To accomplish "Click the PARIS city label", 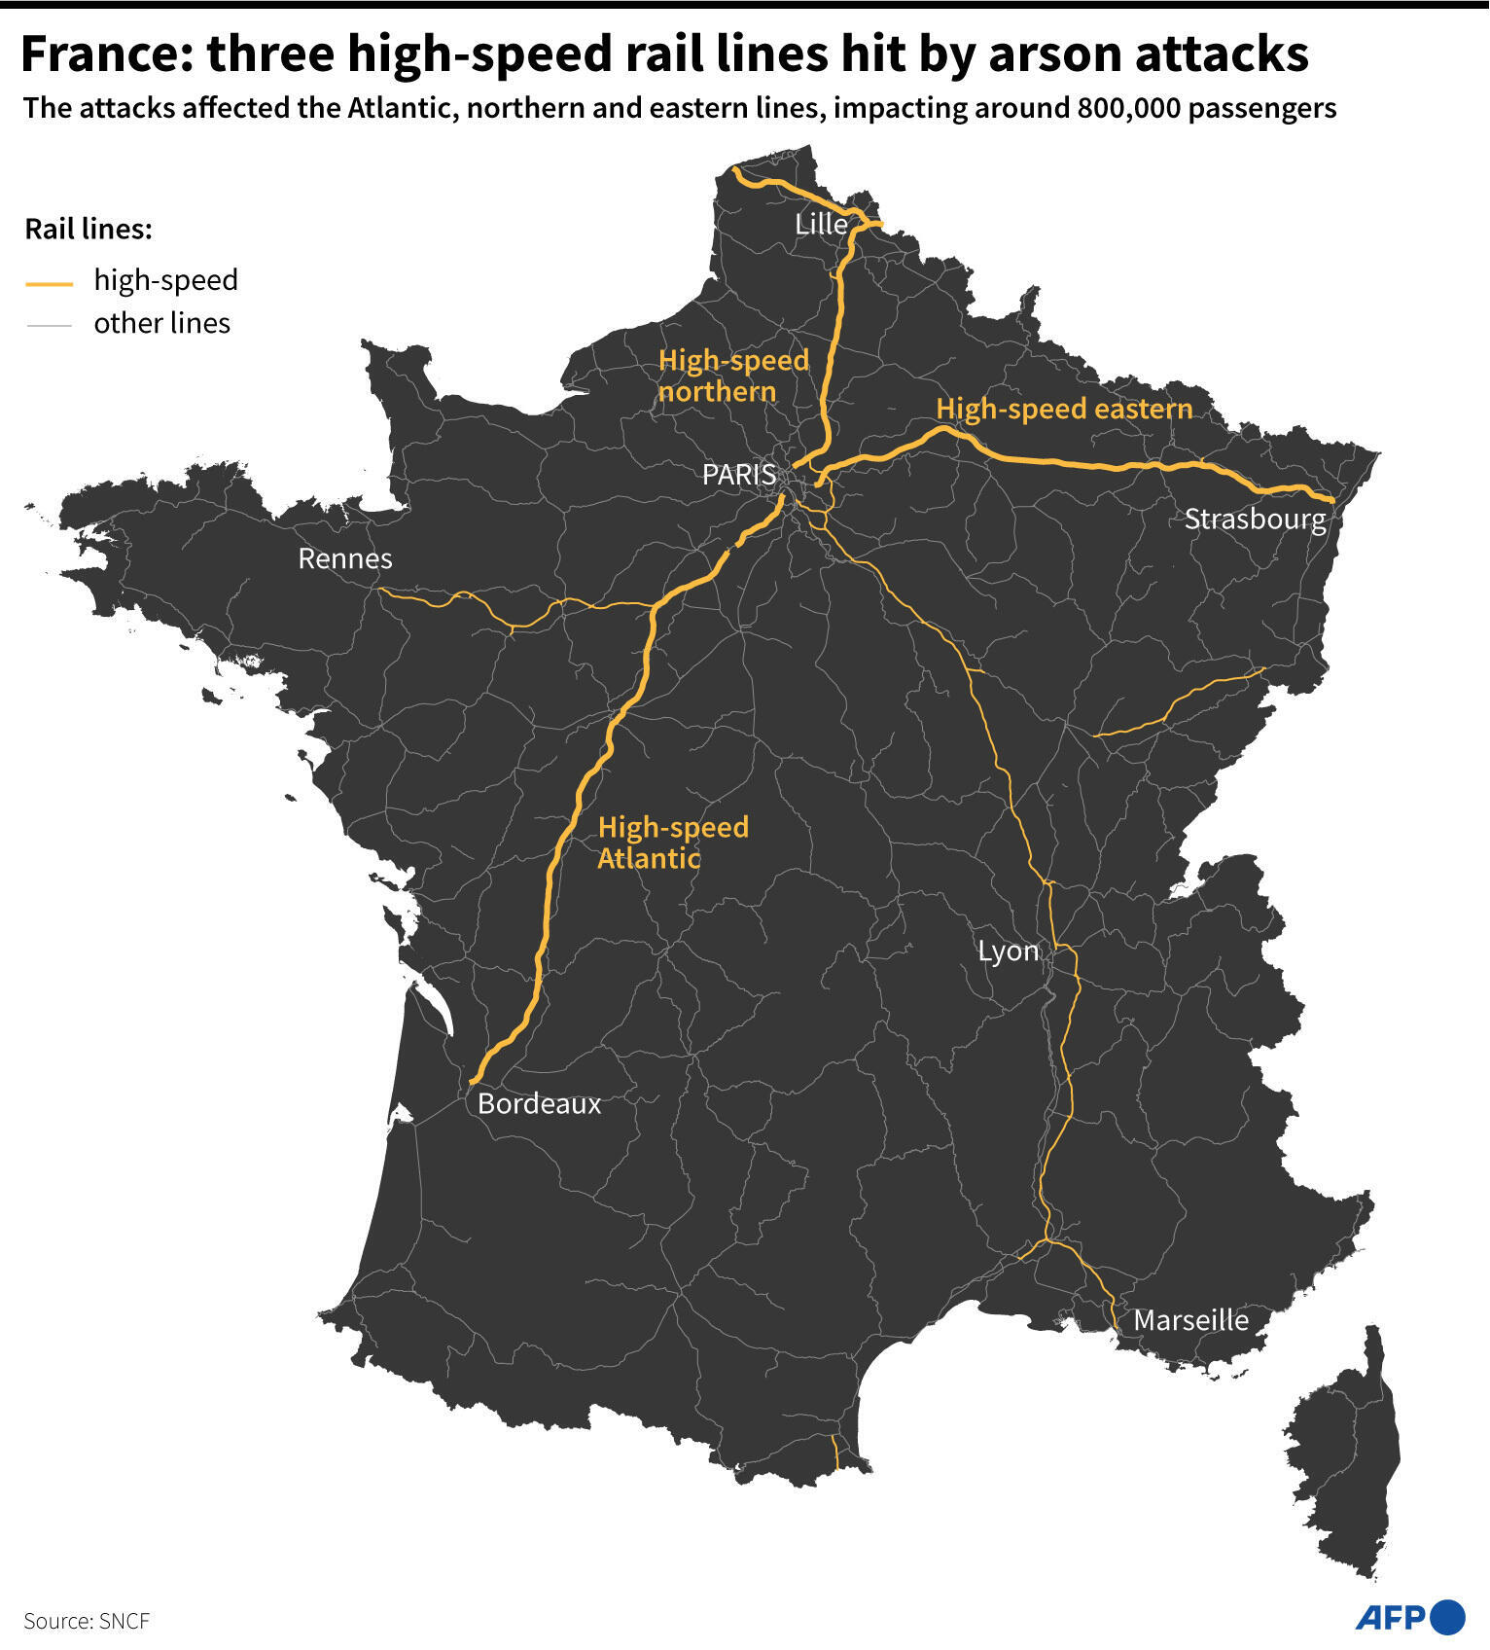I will (739, 475).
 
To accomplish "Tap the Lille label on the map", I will (821, 224).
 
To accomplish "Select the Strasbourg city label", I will (1255, 519).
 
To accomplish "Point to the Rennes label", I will (345, 558).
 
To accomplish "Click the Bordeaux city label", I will (540, 1103).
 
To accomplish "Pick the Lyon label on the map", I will (1008, 951).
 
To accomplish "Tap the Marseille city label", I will (1190, 1320).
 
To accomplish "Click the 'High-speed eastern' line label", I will (1064, 409).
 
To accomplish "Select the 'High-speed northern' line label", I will (733, 376).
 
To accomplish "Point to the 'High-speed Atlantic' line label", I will (673, 843).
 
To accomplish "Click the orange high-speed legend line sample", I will (49, 283).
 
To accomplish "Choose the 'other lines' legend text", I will (161, 323).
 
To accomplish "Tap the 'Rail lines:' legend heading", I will (89, 230).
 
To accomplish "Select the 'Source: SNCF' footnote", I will (87, 1621).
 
